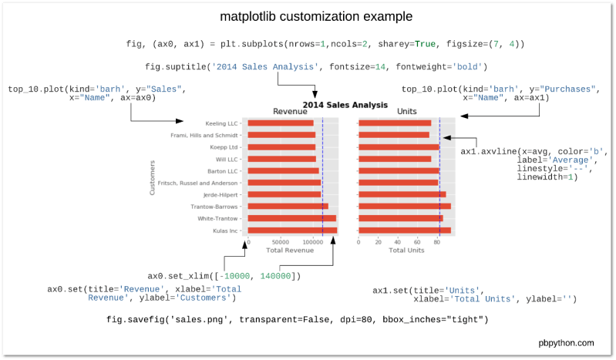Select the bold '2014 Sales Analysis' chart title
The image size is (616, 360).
point(345,104)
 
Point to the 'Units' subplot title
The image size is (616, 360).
point(406,112)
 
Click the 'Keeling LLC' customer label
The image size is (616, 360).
point(223,123)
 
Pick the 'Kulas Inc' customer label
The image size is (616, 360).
point(226,230)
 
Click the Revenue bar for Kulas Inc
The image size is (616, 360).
point(292,230)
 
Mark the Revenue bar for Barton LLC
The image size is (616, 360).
point(283,170)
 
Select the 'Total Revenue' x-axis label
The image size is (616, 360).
point(289,251)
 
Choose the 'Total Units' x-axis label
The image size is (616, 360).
point(406,251)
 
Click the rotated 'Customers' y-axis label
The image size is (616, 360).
point(153,177)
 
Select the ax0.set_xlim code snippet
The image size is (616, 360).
point(224,276)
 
